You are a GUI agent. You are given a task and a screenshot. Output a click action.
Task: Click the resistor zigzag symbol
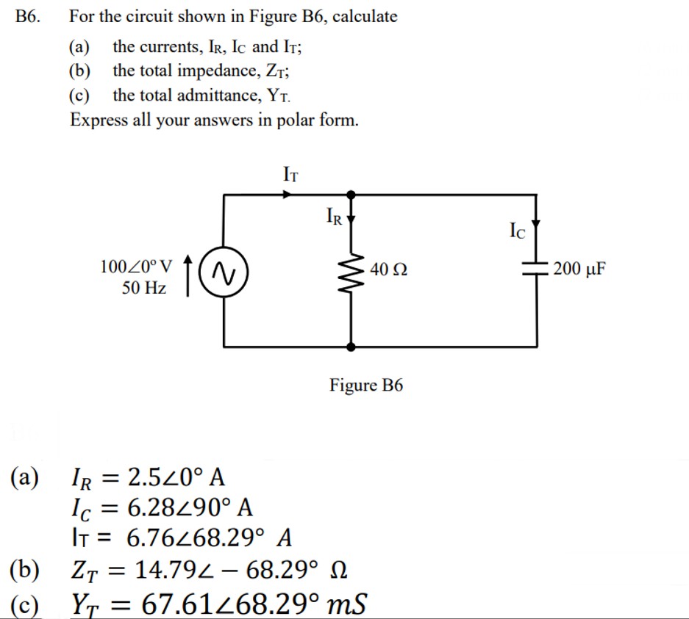pyautogui.click(x=352, y=269)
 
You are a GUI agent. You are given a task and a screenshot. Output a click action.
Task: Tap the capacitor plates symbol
pyautogui.click(x=536, y=269)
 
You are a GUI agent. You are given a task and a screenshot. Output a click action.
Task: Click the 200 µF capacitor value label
pyautogui.click(x=580, y=269)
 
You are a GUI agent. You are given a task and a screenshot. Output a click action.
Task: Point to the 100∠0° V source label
pyautogui.click(x=137, y=265)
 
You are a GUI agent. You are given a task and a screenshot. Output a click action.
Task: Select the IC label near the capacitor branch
pyautogui.click(x=518, y=231)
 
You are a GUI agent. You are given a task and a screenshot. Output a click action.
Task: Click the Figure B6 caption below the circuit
pyautogui.click(x=366, y=385)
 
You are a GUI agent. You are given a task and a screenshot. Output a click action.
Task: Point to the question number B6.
pyautogui.click(x=26, y=16)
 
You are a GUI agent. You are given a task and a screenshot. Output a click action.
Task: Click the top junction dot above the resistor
pyautogui.click(x=352, y=195)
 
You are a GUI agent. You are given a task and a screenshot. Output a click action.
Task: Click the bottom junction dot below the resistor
pyautogui.click(x=352, y=346)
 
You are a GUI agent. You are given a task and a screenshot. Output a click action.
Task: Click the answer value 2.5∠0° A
pyautogui.click(x=176, y=477)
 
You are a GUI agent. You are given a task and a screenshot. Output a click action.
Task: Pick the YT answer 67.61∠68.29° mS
pyautogui.click(x=253, y=604)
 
